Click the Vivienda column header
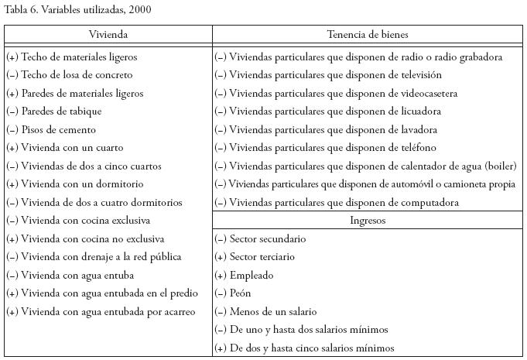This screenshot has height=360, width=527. click(108, 35)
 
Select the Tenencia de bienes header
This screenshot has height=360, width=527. click(368, 35)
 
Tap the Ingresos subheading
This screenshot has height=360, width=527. click(368, 221)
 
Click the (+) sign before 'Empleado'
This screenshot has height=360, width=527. click(221, 276)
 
